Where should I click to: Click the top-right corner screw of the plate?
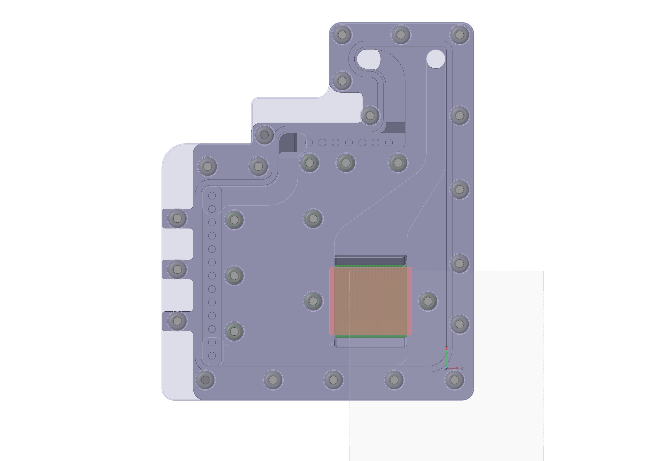click(459, 35)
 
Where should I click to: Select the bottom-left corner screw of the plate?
click(205, 380)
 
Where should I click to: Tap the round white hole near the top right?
click(436, 59)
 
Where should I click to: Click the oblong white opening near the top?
click(368, 59)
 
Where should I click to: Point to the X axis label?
click(461, 368)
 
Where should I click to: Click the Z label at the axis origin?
click(446, 368)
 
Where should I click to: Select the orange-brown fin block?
click(371, 301)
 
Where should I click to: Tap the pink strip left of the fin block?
click(332, 301)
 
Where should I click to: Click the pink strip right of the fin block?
click(409, 301)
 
